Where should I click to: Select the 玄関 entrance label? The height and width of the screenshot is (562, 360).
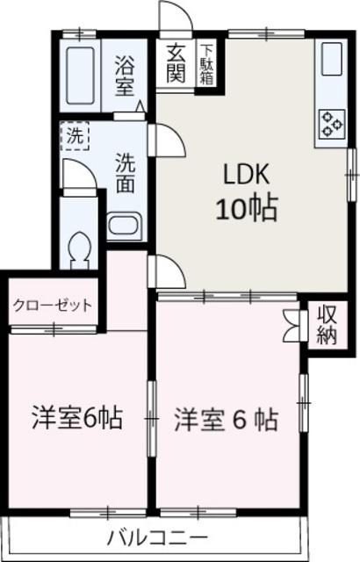click(176, 63)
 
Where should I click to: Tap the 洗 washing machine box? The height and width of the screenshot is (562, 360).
click(76, 136)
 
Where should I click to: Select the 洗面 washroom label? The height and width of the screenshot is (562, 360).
click(126, 174)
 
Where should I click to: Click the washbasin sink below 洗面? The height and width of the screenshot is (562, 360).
click(122, 225)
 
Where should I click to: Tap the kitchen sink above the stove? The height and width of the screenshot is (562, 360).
click(331, 59)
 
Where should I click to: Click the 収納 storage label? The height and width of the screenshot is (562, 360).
click(328, 324)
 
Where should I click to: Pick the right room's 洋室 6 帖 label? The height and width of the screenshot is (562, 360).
click(226, 419)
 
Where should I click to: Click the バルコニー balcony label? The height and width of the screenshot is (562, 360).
click(158, 537)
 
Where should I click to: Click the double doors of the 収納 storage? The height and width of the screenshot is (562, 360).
click(292, 326)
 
